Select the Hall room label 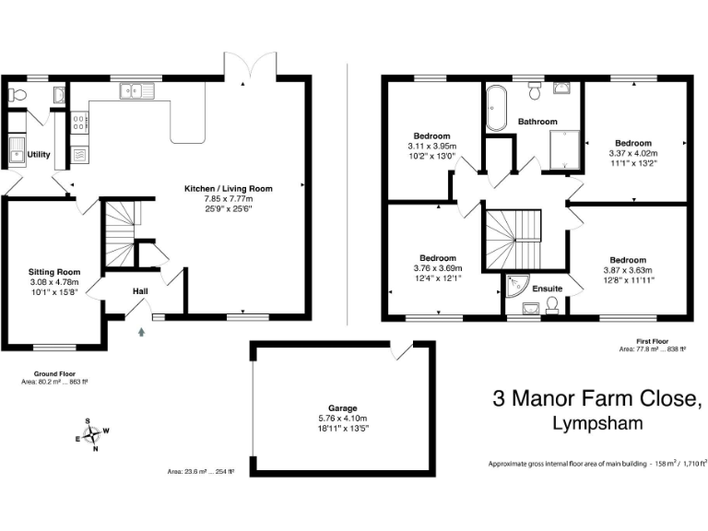(140, 291)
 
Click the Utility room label (39, 154)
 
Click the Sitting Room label (54, 272)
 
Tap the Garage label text (342, 407)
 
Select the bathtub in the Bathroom (495, 108)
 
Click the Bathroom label (537, 122)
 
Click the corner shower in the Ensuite (513, 287)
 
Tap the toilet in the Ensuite (552, 307)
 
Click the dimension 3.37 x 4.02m (633, 154)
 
